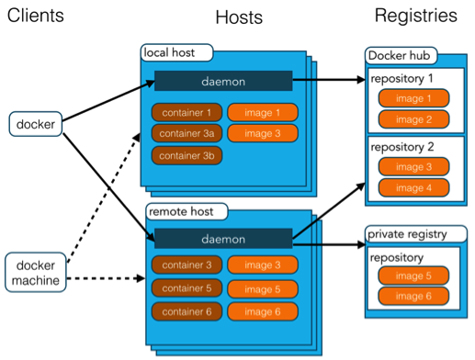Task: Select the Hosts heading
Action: tap(239, 17)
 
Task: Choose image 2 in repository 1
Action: tap(413, 119)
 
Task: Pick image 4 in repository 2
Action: tap(413, 188)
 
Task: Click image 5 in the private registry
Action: tap(413, 276)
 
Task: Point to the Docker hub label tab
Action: tap(400, 55)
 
